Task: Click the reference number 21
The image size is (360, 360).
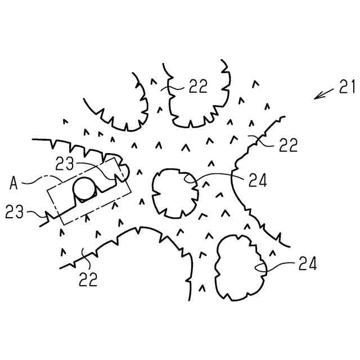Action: [345, 87]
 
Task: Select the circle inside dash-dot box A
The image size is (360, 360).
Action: [85, 190]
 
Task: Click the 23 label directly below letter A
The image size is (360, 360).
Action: [16, 212]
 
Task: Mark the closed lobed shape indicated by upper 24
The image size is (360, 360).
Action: [174, 192]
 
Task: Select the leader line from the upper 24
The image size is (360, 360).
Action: [217, 176]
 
